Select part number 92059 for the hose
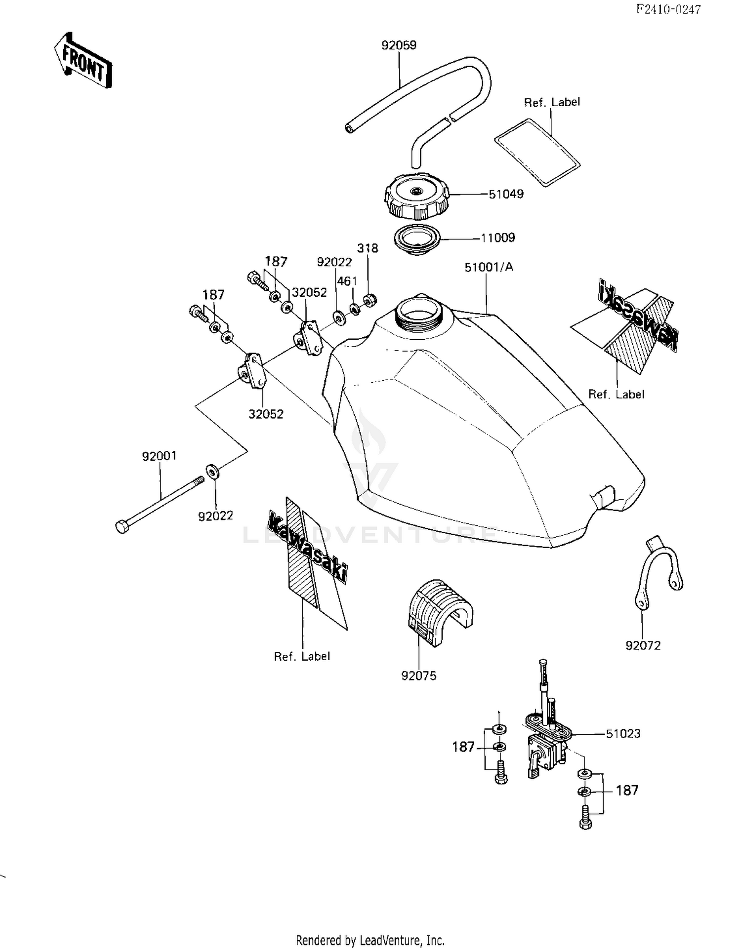[399, 45]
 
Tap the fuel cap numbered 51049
[416, 198]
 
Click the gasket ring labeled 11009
[417, 239]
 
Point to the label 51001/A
[489, 267]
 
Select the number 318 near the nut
[368, 248]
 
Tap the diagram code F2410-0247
[668, 9]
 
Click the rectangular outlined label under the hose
[537, 152]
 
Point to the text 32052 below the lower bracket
[266, 414]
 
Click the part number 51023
[623, 734]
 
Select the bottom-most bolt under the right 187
[585, 820]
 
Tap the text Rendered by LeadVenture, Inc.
[370, 940]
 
